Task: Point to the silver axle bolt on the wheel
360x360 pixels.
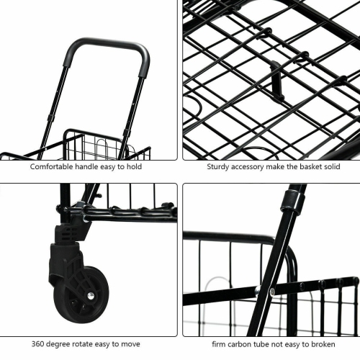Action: pyautogui.click(x=90, y=295)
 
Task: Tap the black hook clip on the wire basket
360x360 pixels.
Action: pyautogui.click(x=276, y=80)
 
